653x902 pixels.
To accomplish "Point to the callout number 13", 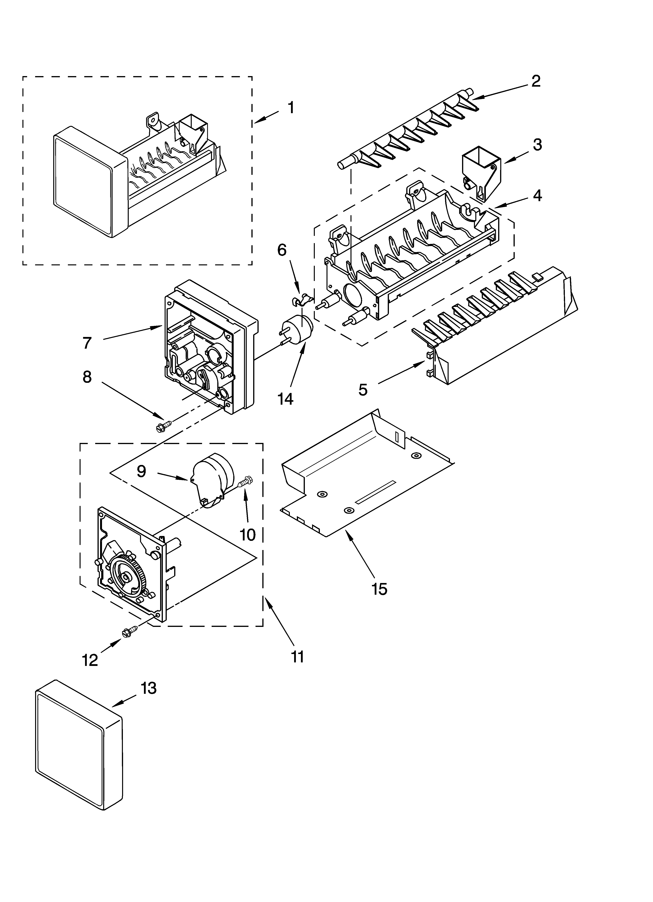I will [x=148, y=688].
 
